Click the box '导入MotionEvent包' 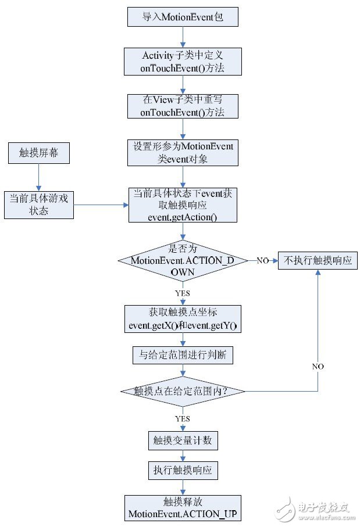[183, 17]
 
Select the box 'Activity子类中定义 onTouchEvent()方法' [183, 61]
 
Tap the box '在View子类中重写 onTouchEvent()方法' [183, 106]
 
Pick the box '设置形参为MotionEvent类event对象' [183, 152]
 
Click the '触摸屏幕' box [38, 154]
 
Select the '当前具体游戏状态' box [38, 205]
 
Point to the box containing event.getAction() [183, 205]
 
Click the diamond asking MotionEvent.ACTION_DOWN [183, 260]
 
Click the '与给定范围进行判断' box [183, 355]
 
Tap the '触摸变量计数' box [183, 440]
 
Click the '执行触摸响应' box [183, 470]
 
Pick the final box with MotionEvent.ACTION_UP [183, 507]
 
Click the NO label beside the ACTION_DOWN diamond [263, 260]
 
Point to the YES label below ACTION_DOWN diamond [183, 293]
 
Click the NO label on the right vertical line [318, 367]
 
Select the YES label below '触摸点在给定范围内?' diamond [183, 418]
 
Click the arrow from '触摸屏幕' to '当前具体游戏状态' [38, 177]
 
